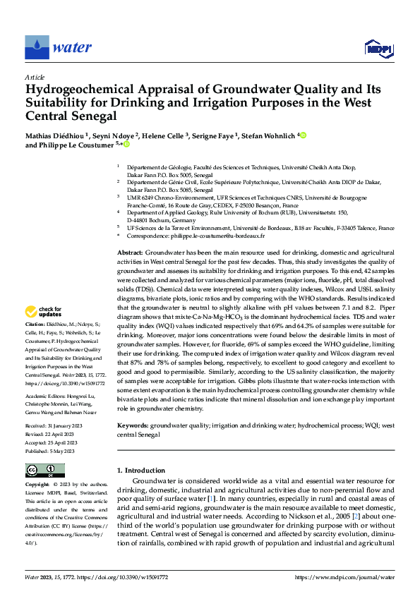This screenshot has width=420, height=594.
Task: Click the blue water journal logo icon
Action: click(37, 47)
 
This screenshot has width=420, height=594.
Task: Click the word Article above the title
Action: click(35, 76)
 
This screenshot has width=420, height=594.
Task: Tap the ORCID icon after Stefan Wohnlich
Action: click(303, 134)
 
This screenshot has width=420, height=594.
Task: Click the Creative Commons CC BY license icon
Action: click(45, 471)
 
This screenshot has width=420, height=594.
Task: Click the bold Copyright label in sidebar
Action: click(38, 485)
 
